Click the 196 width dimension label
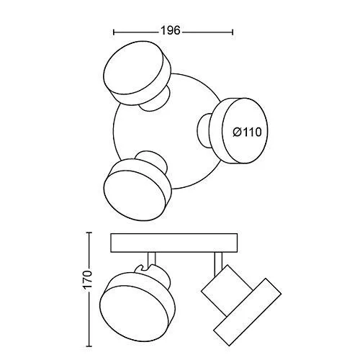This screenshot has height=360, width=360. pos(170,31)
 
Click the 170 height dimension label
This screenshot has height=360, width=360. pos(87,280)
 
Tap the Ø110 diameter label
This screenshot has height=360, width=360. pos(247,132)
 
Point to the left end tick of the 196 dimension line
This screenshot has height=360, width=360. pos(114,32)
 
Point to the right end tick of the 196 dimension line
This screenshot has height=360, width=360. pos(233,32)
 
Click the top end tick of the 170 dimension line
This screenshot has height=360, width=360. pos(89,233)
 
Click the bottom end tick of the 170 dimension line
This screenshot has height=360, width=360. pos(89,346)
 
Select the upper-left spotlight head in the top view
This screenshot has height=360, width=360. pos(138,73)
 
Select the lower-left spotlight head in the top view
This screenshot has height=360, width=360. pos(138,189)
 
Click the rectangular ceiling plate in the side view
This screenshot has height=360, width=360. pos(174,243)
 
